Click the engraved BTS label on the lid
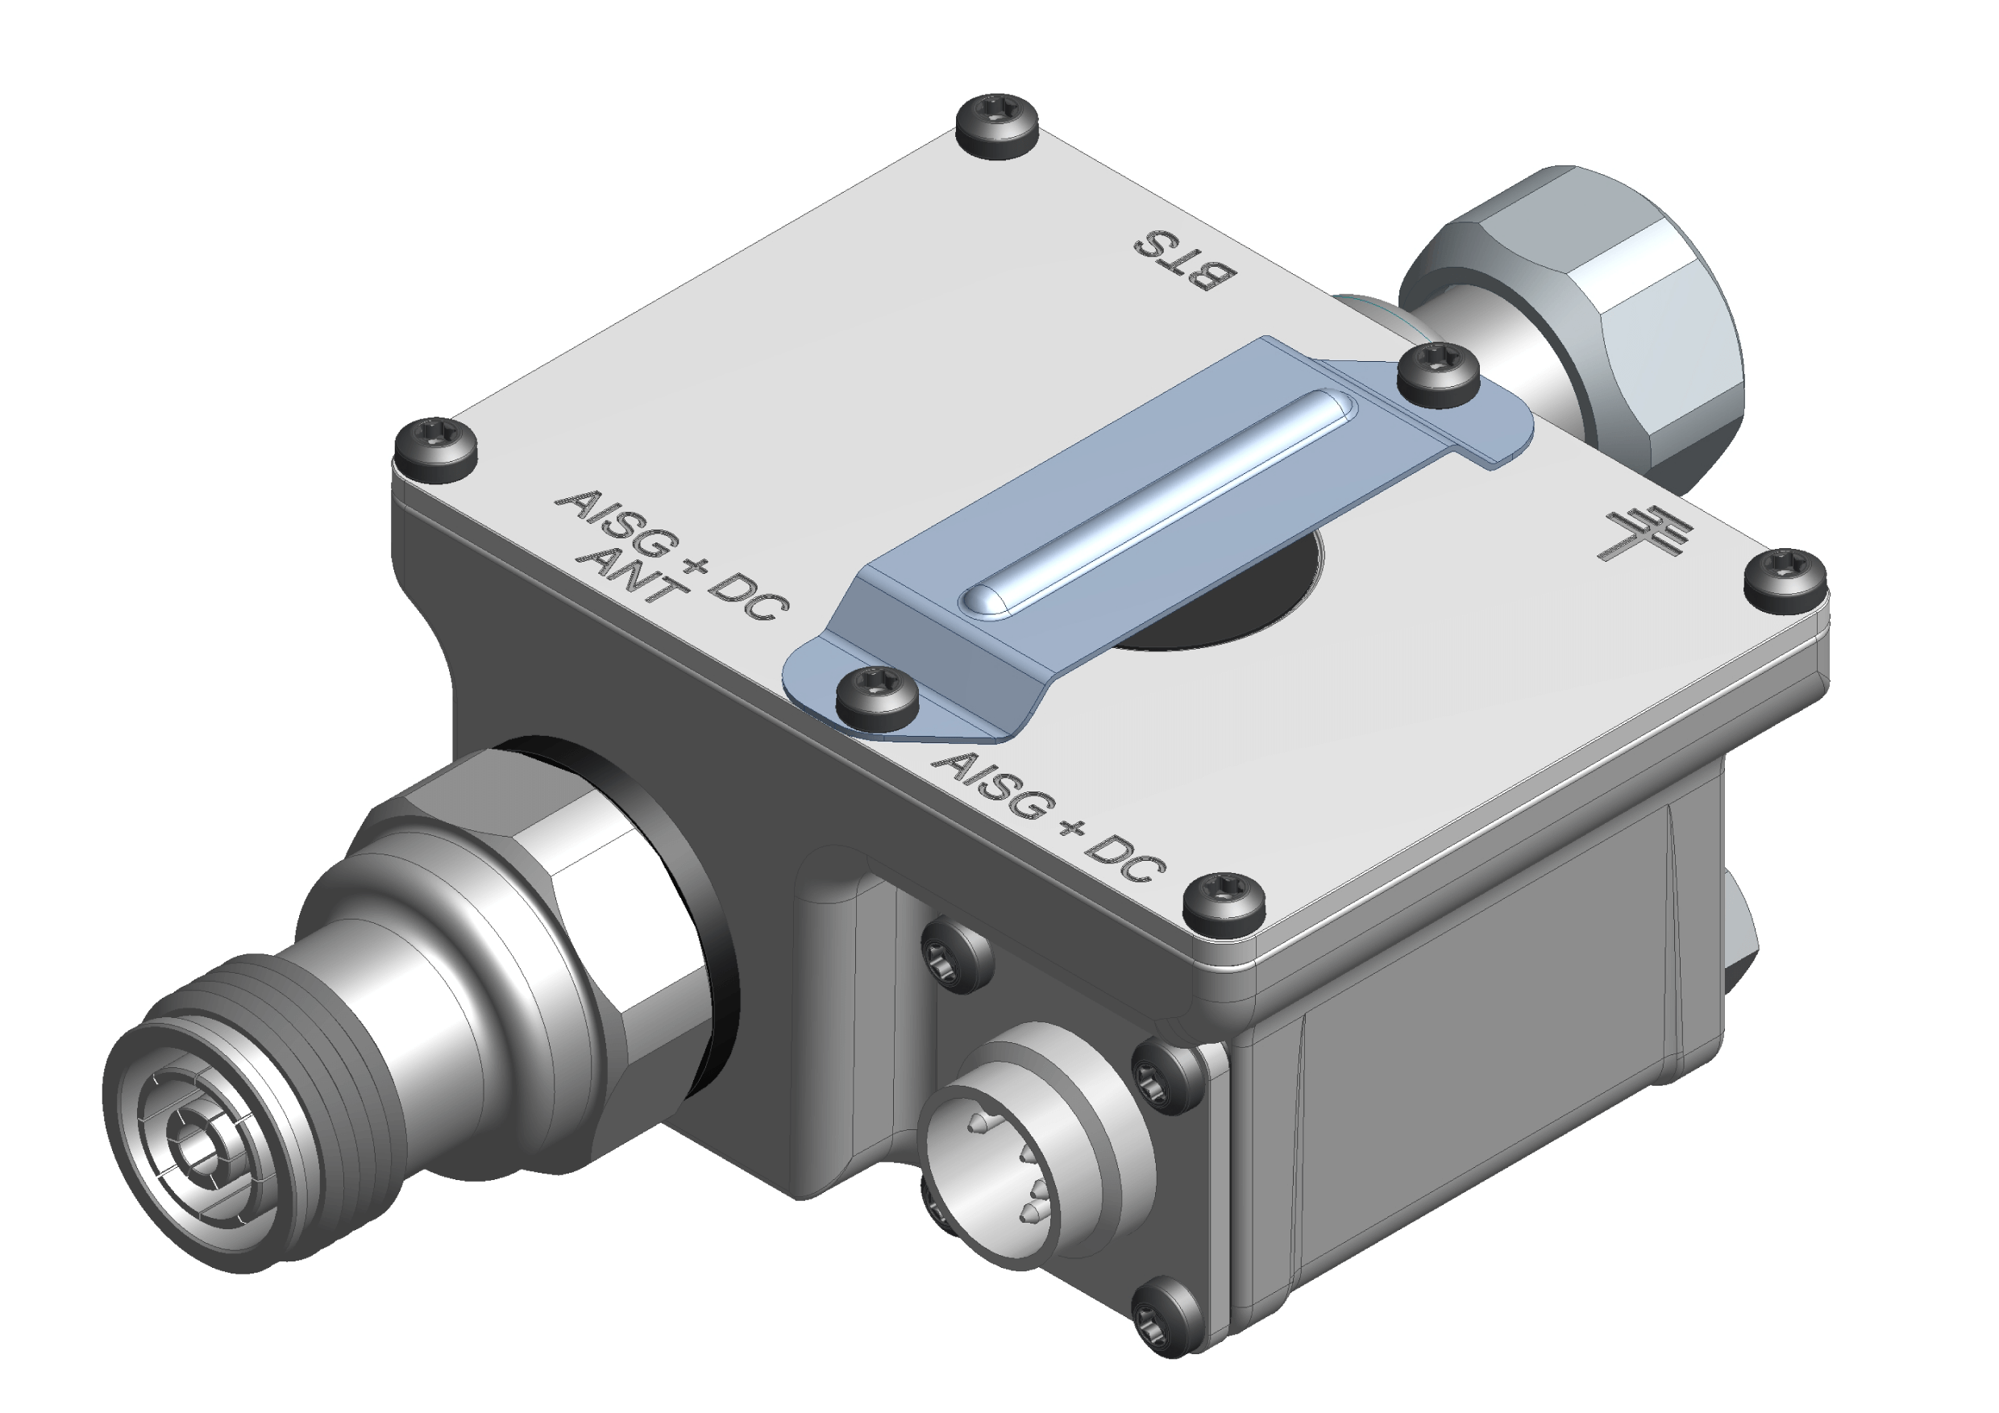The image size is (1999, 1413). click(1184, 262)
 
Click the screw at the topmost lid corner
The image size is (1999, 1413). click(998, 127)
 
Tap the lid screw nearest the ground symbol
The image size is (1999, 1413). click(1786, 578)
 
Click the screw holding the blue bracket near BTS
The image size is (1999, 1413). click(1438, 373)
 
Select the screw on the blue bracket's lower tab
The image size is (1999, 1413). click(877, 696)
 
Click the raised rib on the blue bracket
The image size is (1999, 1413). click(1158, 504)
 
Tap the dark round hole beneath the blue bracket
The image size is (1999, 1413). click(1236, 601)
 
